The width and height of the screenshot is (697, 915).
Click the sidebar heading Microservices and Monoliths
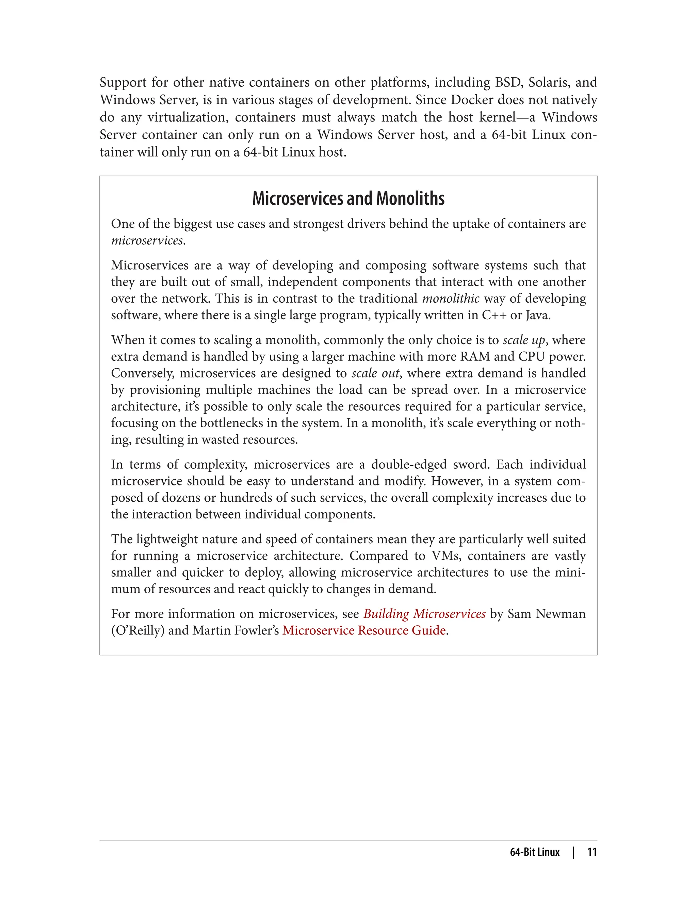point(348,198)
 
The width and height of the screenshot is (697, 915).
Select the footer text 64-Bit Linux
point(534,852)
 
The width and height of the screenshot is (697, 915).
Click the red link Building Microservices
point(424,614)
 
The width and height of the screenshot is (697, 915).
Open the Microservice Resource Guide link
point(364,630)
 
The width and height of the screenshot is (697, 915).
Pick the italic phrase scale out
point(375,373)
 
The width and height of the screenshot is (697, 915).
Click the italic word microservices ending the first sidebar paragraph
point(147,240)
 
